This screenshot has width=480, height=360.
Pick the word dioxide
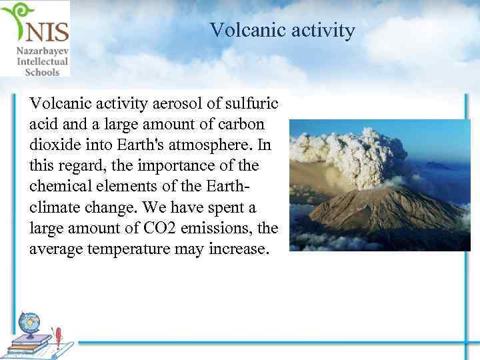point(53,145)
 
